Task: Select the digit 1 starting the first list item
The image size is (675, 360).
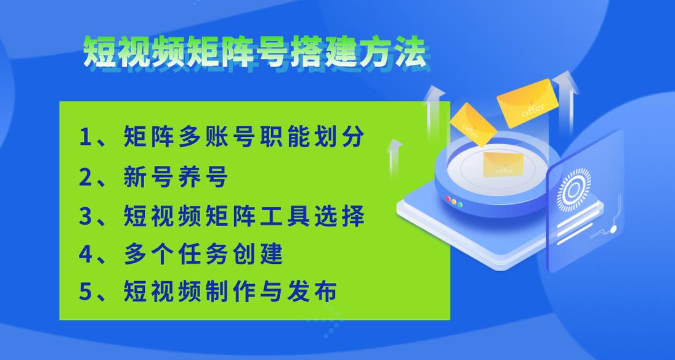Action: tap(85, 137)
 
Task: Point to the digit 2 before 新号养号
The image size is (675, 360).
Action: tap(86, 177)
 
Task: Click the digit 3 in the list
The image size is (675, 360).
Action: tap(86, 216)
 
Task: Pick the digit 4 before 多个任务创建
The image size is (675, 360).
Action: tap(86, 254)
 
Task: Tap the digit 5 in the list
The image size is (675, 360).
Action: tap(86, 292)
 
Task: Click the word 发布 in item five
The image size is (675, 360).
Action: tap(312, 292)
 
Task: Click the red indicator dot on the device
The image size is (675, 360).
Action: tap(448, 199)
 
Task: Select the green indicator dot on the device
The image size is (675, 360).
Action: tap(460, 205)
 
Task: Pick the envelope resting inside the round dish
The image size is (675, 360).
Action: tap(503, 165)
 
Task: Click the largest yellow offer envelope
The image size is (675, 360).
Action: tap(527, 104)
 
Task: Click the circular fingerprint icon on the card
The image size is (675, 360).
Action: tap(574, 190)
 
